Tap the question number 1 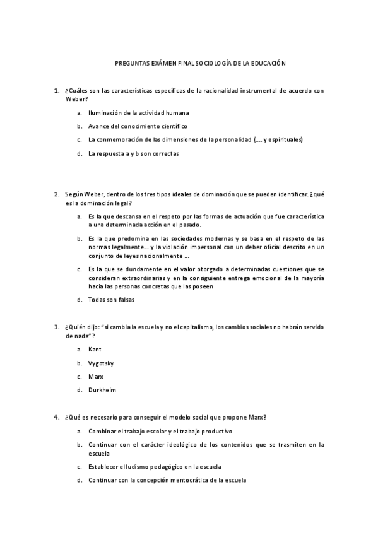point(57,91)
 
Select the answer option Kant point(95,349)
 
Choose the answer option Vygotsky point(101,363)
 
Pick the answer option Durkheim point(102,390)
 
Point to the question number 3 point(57,327)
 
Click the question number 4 point(57,418)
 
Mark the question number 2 point(57,194)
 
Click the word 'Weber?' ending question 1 point(76,99)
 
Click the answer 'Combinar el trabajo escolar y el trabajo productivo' point(160,432)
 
